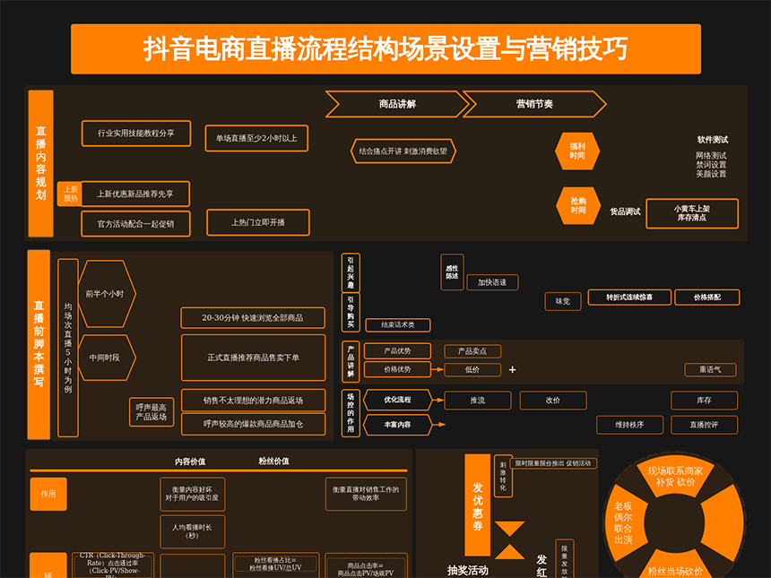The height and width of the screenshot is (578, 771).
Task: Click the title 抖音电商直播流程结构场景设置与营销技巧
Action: (x=385, y=48)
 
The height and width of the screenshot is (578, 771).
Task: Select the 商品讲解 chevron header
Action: (x=397, y=104)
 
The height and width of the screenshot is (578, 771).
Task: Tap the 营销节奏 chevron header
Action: (x=534, y=104)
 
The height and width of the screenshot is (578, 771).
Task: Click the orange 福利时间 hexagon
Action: (x=577, y=151)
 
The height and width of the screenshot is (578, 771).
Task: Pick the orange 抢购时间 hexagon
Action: (x=577, y=205)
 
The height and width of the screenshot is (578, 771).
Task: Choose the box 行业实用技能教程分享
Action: (x=136, y=134)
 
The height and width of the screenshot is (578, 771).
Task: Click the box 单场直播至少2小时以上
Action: (x=256, y=138)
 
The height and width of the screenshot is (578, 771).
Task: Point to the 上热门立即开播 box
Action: (x=258, y=222)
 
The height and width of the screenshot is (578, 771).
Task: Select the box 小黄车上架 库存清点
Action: (x=692, y=213)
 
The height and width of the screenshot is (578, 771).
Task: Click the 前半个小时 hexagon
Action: (x=106, y=294)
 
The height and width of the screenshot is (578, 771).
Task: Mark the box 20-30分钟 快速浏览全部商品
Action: (x=252, y=318)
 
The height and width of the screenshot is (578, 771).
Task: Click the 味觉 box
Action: (x=563, y=302)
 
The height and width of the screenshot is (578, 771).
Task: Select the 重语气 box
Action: (x=710, y=369)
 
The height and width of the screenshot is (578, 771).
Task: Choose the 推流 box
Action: (x=478, y=401)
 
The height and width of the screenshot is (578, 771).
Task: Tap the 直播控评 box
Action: (x=705, y=425)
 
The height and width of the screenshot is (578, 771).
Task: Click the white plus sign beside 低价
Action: (x=513, y=370)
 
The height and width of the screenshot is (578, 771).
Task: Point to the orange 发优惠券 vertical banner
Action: (x=479, y=506)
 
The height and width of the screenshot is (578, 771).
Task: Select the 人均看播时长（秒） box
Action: (x=192, y=531)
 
